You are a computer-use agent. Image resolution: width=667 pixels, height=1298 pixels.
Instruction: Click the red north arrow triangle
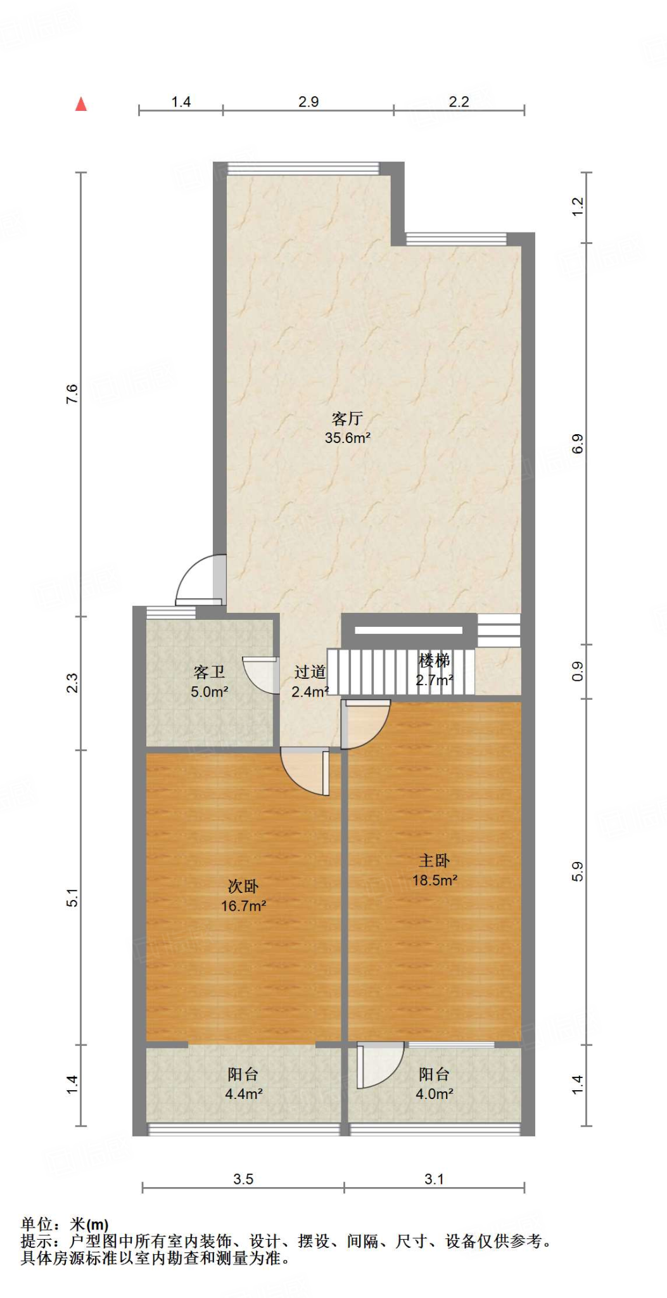(x=81, y=105)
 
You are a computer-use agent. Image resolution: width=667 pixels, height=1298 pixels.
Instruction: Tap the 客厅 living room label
(x=347, y=418)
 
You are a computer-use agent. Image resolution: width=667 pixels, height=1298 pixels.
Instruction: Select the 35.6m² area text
(x=347, y=438)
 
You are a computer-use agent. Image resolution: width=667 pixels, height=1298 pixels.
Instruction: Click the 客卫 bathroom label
(x=209, y=672)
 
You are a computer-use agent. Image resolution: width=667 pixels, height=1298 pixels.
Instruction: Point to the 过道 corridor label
(x=310, y=672)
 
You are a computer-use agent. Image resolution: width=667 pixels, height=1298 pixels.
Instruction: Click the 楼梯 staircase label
(x=434, y=661)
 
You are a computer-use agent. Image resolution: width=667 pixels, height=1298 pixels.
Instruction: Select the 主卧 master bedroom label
(x=434, y=860)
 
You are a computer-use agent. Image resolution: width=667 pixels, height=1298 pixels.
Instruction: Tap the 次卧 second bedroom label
(x=243, y=886)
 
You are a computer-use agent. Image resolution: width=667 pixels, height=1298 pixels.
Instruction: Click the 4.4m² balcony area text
(x=243, y=1094)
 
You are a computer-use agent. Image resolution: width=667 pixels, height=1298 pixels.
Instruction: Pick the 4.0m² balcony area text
(x=434, y=1094)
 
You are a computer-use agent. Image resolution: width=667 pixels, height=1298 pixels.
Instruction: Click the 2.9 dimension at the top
(x=308, y=102)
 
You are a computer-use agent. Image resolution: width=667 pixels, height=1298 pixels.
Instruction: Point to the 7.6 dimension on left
(x=72, y=394)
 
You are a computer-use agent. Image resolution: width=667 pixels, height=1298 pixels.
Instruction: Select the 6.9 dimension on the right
(x=577, y=444)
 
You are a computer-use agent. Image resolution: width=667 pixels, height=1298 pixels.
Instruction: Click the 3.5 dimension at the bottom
(x=243, y=1179)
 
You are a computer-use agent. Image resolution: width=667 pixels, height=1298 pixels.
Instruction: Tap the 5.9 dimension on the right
(x=577, y=871)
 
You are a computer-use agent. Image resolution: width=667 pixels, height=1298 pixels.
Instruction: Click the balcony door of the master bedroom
(x=379, y=1065)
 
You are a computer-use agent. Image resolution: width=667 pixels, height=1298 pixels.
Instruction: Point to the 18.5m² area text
(x=435, y=880)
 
